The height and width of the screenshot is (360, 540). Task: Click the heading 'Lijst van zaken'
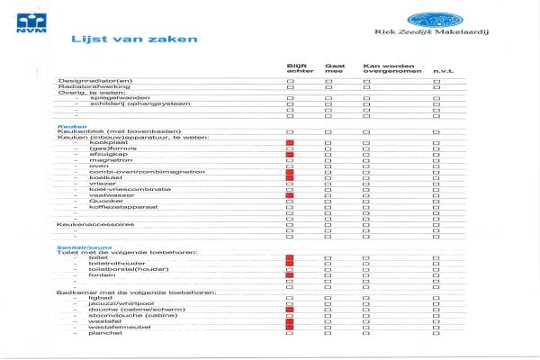pyautogui.click(x=135, y=40)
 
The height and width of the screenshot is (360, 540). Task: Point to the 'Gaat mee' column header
pyautogui.click(x=334, y=68)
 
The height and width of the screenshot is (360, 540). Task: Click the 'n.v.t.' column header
pyautogui.click(x=442, y=71)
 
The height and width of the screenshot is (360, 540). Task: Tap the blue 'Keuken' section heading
pyautogui.click(x=72, y=126)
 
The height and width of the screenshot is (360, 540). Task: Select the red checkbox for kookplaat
pyautogui.click(x=290, y=143)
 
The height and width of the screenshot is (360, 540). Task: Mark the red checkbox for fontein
pyautogui.click(x=290, y=274)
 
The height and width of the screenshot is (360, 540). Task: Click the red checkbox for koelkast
pyautogui.click(x=290, y=177)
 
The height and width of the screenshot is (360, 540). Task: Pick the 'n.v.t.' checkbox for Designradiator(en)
pyautogui.click(x=436, y=81)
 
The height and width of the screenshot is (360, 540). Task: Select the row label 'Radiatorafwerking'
pyautogui.click(x=90, y=86)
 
